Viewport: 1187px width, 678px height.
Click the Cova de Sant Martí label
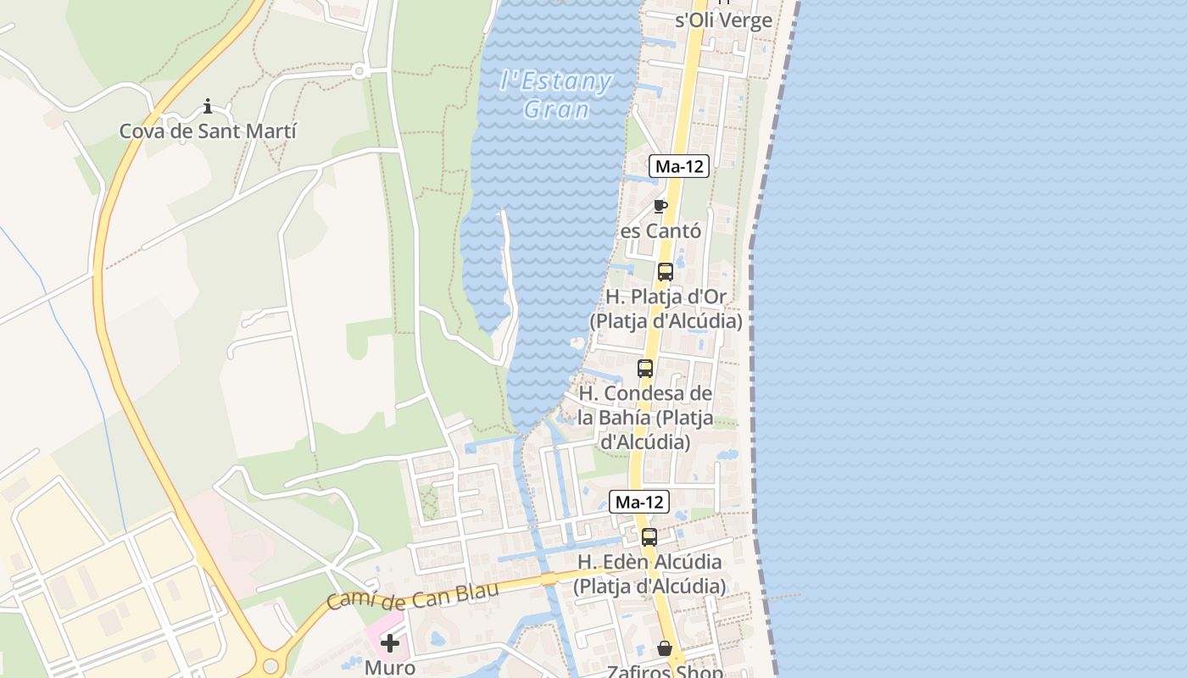pyautogui.click(x=208, y=131)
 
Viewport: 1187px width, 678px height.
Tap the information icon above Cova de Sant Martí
pyautogui.click(x=208, y=107)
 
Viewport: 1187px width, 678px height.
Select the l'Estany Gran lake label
pyautogui.click(x=556, y=95)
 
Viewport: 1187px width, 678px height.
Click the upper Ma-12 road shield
pyautogui.click(x=679, y=167)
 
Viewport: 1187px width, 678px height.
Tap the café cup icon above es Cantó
pyautogui.click(x=660, y=206)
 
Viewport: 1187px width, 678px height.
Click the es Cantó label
pyautogui.click(x=660, y=231)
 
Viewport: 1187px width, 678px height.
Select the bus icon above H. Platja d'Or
pyautogui.click(x=666, y=272)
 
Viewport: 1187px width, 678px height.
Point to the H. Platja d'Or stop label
pyautogui.click(x=666, y=309)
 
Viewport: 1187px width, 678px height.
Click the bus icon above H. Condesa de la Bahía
pyautogui.click(x=645, y=369)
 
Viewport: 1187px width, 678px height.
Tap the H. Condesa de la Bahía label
pyautogui.click(x=645, y=418)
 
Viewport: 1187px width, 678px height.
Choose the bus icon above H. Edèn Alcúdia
pyautogui.click(x=649, y=537)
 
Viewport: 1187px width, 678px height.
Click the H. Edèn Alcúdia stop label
pyautogui.click(x=649, y=574)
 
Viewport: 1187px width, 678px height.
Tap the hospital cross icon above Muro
pyautogui.click(x=390, y=643)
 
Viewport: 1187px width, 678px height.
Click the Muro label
pyautogui.click(x=390, y=668)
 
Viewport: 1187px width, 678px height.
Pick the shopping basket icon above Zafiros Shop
pyautogui.click(x=665, y=648)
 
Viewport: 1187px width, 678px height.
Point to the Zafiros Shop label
pyautogui.click(x=665, y=671)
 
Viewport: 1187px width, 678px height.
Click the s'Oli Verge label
pyautogui.click(x=723, y=20)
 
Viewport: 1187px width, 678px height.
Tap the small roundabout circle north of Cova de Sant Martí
pyautogui.click(x=359, y=71)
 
